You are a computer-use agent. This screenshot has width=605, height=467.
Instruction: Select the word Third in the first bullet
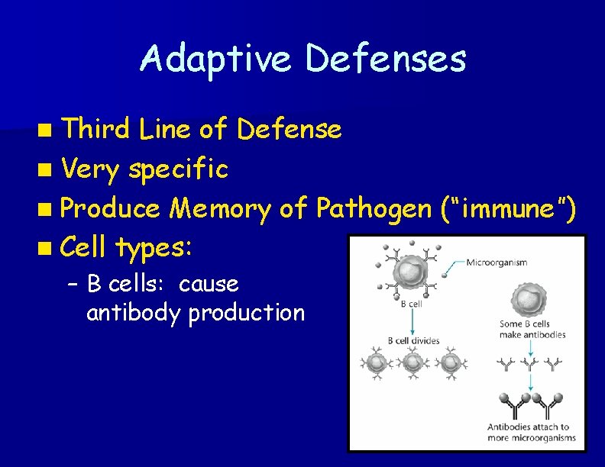[96, 129]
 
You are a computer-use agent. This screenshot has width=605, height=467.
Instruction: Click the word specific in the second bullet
[178, 169]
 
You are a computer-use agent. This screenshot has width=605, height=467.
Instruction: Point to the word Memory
[220, 207]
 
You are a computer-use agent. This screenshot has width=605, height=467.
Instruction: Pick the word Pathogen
[373, 207]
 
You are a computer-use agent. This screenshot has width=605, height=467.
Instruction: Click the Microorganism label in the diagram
[496, 263]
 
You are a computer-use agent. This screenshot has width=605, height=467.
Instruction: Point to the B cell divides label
[413, 340]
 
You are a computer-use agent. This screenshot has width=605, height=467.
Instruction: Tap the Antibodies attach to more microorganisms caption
[529, 433]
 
